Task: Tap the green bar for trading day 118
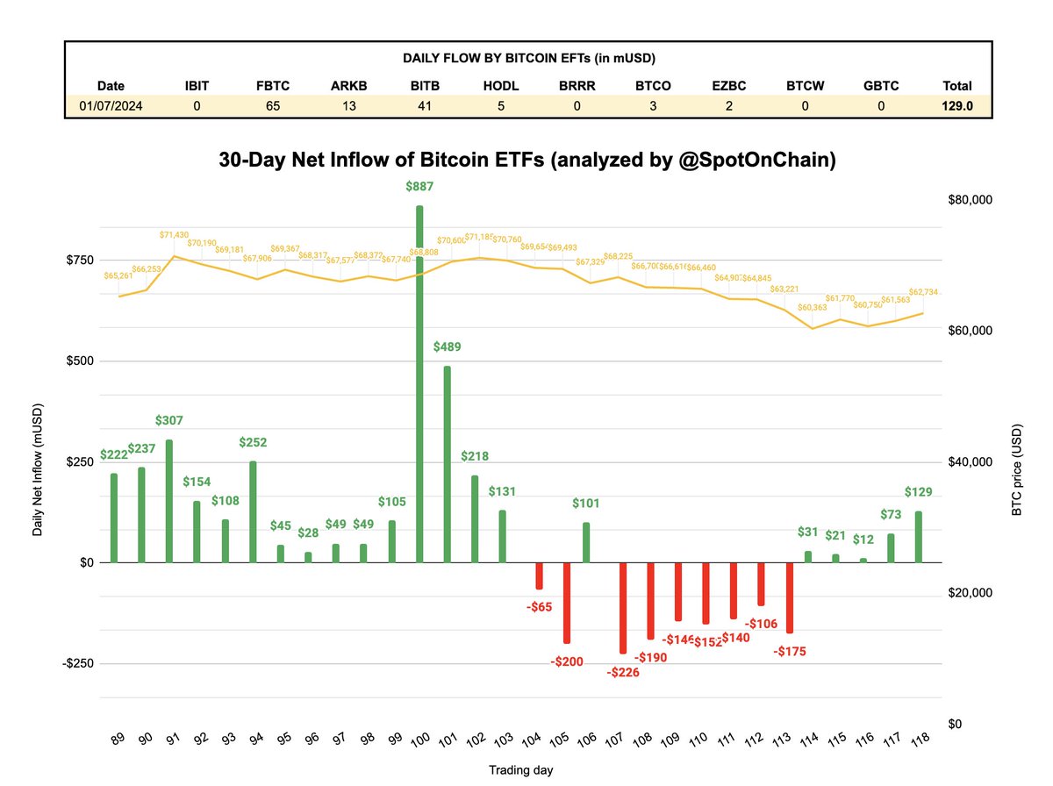click(x=919, y=537)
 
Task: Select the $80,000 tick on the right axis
click(x=969, y=201)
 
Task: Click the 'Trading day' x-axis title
click(x=520, y=769)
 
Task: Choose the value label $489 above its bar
click(x=447, y=347)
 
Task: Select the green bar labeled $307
click(x=168, y=501)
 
